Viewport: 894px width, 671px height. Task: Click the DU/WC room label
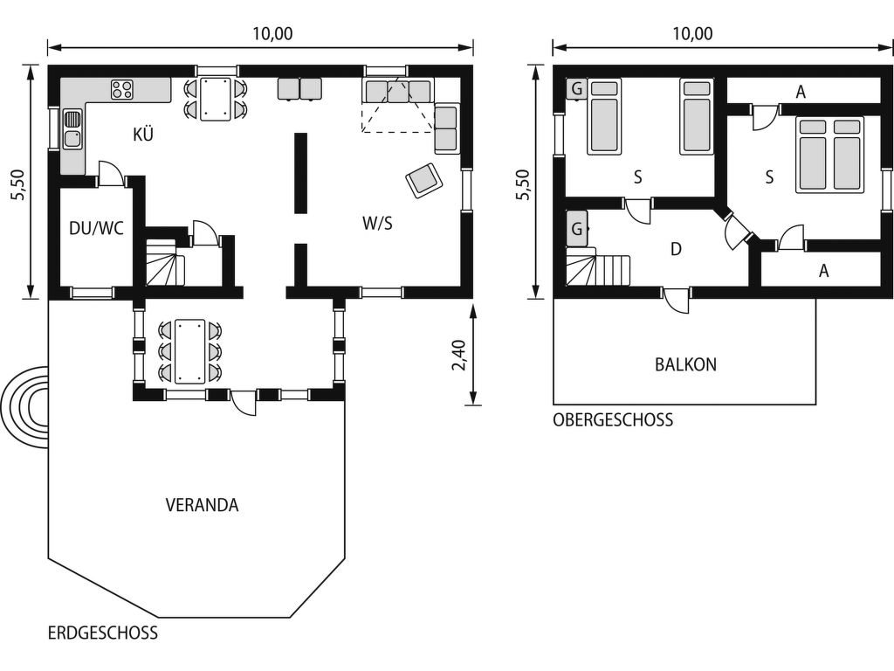[x=96, y=228]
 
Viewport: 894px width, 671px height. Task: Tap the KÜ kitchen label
[x=143, y=135]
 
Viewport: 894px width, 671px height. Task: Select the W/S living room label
[x=377, y=223]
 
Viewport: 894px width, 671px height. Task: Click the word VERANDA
[x=202, y=505]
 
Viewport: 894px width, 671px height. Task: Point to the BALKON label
[x=685, y=364]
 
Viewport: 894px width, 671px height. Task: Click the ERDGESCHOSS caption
[x=103, y=633]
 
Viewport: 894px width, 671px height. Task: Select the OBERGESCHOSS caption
[x=613, y=420]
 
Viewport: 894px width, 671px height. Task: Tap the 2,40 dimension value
[x=458, y=355]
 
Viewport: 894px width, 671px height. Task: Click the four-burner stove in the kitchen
[x=122, y=89]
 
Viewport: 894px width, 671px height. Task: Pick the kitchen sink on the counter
[x=72, y=129]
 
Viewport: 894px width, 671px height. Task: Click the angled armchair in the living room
[x=424, y=180]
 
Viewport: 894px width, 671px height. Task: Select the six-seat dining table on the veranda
[x=190, y=351]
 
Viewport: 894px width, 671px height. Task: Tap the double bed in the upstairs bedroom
[x=829, y=155]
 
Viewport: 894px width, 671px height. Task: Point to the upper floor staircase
[x=598, y=266]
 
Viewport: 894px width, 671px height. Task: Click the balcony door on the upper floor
[x=677, y=300]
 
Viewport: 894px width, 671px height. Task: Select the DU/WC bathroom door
[x=111, y=174]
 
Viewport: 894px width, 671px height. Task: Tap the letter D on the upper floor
[x=677, y=249]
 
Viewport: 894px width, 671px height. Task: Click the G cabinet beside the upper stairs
[x=576, y=229]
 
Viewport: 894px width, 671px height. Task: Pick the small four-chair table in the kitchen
[x=216, y=99]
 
